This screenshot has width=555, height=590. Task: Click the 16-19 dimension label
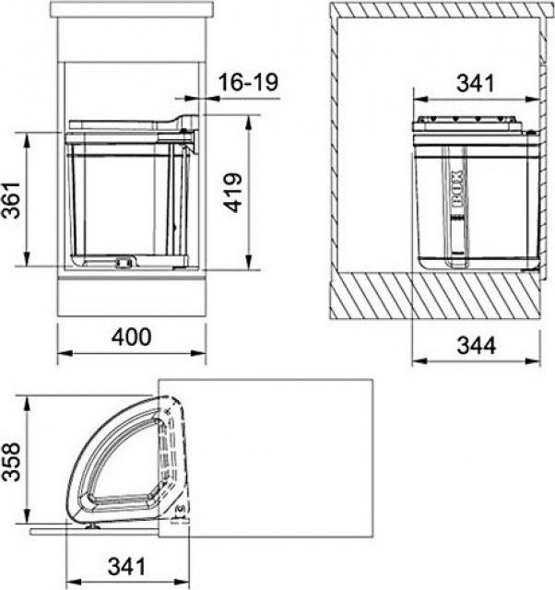248,82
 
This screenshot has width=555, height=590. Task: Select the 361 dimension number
10,200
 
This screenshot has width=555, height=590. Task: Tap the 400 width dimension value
132,337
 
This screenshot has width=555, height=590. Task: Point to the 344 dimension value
477,345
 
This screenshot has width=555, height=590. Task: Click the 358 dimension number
10,462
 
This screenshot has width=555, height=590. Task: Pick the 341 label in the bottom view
127,566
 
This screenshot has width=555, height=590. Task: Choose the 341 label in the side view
475,83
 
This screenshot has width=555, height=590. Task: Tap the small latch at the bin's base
124,262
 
